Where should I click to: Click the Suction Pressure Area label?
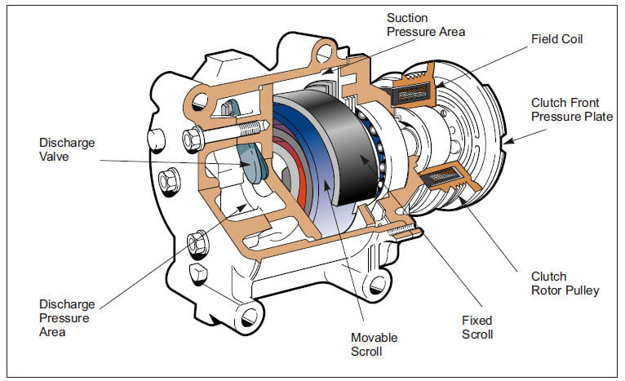click(426, 24)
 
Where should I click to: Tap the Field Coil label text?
click(556, 39)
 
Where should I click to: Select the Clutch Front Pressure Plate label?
click(572, 109)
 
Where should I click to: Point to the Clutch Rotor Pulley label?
click(565, 283)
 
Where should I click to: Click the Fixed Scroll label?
click(477, 327)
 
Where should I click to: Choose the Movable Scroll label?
click(374, 344)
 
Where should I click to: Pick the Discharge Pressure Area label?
click(67, 318)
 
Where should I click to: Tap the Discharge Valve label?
click(67, 149)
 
